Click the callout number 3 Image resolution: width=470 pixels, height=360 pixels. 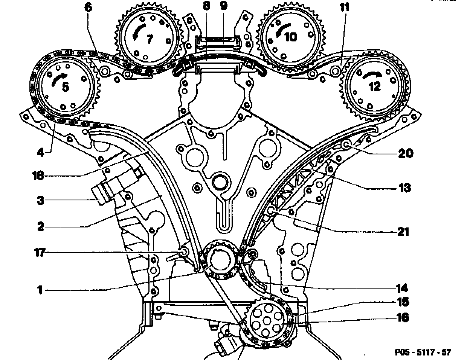coord(40,200)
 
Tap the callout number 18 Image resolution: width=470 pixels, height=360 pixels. coord(38,175)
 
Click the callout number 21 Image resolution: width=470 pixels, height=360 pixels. coord(403,231)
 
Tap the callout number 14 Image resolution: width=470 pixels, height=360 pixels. coord(402,288)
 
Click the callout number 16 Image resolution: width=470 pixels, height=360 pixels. coord(403,318)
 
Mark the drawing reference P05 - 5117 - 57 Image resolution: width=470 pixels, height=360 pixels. coord(423,352)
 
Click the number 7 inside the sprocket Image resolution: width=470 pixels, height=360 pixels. coord(150,38)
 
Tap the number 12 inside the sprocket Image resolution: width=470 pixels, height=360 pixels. coord(374,86)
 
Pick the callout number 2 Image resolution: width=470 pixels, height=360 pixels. coord(40,226)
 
